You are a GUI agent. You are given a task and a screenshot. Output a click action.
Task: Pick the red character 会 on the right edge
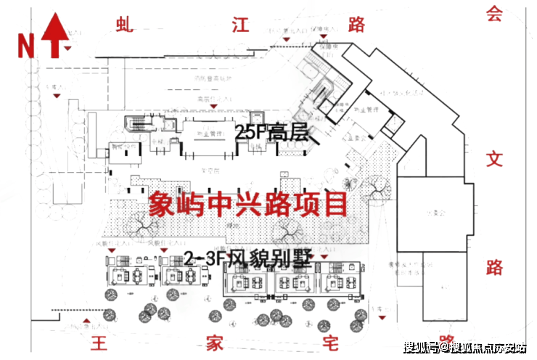click(494, 15)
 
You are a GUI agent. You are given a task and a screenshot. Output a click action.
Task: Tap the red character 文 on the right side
click(494, 159)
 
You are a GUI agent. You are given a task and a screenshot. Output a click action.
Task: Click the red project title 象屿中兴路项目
click(247, 205)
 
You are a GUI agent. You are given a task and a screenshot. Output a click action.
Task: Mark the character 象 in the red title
click(162, 205)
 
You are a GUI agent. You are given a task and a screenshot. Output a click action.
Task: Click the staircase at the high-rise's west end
click(135, 126)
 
